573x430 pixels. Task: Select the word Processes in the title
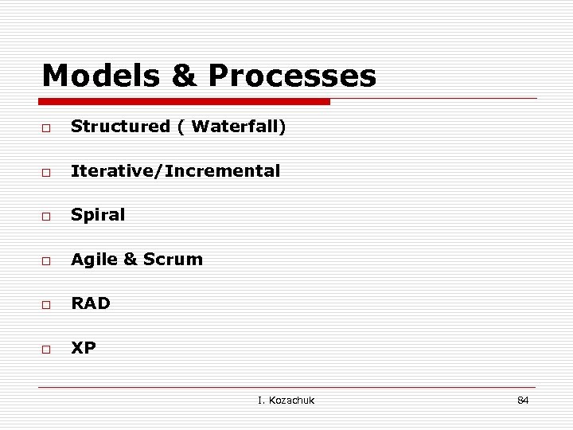(292, 76)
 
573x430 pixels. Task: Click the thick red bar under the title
(185, 102)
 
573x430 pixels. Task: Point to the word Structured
(120, 127)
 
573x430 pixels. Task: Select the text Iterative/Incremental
(175, 170)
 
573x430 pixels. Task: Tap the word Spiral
(98, 215)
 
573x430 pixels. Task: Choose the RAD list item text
(91, 303)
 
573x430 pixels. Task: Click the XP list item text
(84, 347)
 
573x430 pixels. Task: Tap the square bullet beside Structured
(47, 128)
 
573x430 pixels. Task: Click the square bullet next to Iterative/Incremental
(47, 172)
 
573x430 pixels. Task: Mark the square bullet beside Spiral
(47, 217)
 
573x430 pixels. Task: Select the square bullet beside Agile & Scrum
(47, 260)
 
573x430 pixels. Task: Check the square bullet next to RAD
(47, 305)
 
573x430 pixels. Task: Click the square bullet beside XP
(47, 349)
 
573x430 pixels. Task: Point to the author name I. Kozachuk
(286, 400)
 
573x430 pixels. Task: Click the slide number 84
(523, 400)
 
